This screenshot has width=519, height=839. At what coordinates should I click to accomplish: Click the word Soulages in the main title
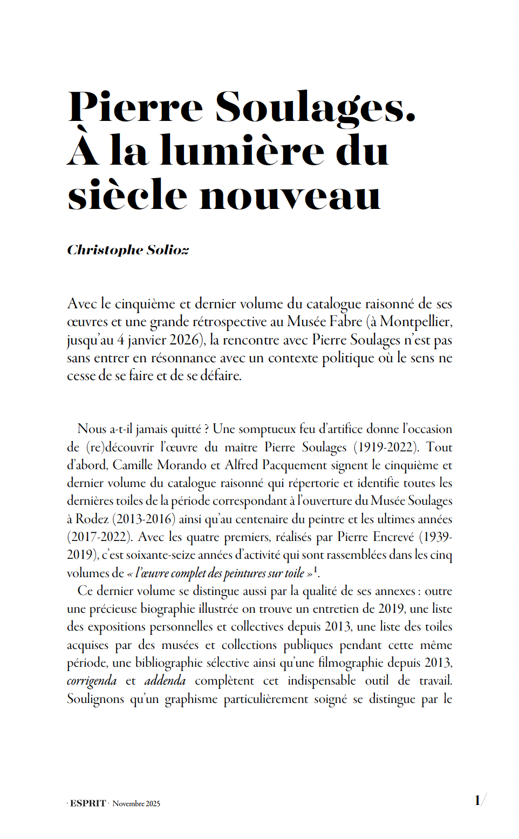click(315, 107)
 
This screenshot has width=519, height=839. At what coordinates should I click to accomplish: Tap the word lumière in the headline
click(242, 151)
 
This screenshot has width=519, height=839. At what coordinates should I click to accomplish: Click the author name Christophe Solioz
click(128, 250)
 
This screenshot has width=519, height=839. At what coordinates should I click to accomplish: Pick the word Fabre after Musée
click(346, 322)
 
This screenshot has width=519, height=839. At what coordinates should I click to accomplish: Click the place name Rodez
click(92, 519)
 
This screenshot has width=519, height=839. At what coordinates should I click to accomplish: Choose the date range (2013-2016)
click(144, 519)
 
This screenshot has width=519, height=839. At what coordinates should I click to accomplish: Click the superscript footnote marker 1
click(316, 569)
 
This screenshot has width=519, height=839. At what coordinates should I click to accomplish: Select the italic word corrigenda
click(92, 681)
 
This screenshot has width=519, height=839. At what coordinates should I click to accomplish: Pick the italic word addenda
click(165, 681)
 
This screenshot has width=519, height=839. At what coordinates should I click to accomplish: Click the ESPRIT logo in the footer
click(88, 803)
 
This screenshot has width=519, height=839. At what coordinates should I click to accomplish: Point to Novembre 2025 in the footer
click(136, 804)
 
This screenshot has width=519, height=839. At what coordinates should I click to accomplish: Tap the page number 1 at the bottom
click(477, 800)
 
